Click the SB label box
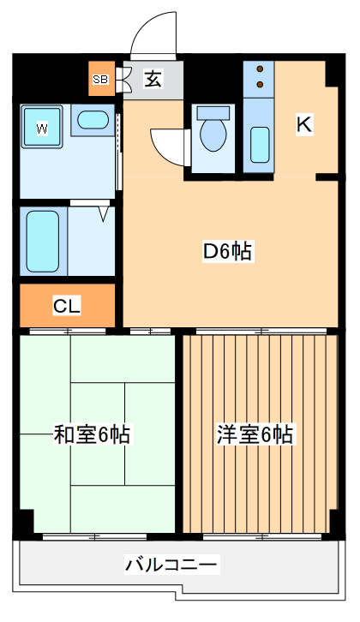[100, 81]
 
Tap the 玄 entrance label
[153, 81]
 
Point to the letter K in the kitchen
[303, 124]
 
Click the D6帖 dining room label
[226, 252]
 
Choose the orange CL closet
[67, 306]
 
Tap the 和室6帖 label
[93, 435]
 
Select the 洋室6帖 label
[254, 435]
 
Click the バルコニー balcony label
[172, 565]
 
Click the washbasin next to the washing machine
[90, 120]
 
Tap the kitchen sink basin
[260, 144]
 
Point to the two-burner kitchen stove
[259, 78]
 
